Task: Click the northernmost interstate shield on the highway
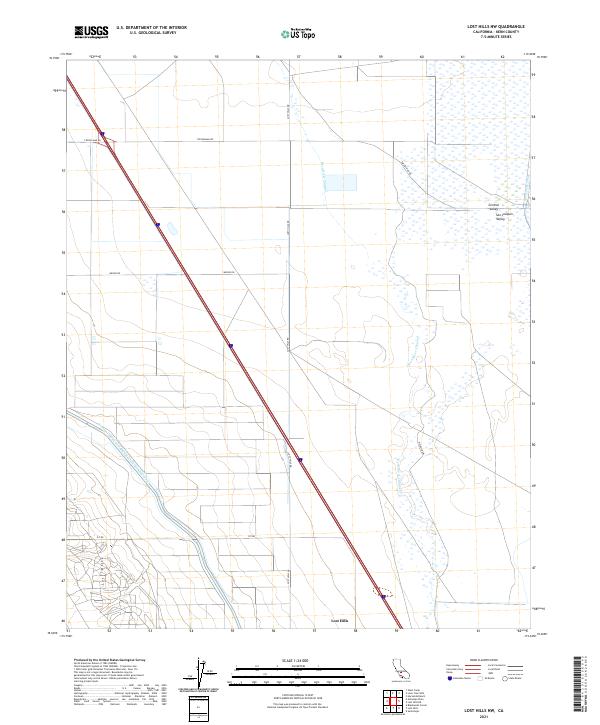(x=159, y=224)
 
